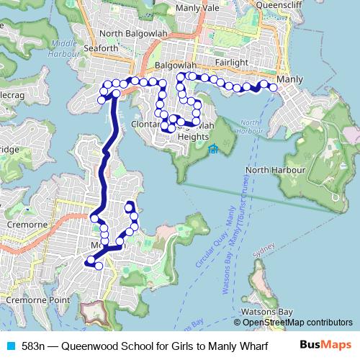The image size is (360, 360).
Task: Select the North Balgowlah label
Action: [130, 34]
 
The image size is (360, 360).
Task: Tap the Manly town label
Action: [289, 78]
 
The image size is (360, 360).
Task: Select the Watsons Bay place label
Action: [267, 311]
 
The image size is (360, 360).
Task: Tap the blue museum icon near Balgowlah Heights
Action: [213, 150]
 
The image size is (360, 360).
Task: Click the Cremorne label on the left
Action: [27, 225]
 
